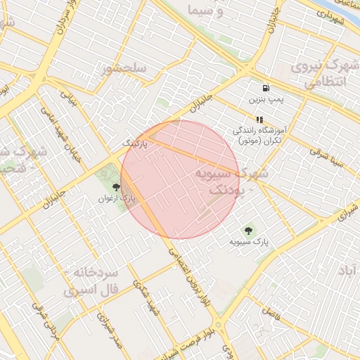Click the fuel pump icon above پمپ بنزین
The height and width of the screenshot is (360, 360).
[265, 89]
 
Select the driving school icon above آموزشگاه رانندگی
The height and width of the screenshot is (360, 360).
[259, 120]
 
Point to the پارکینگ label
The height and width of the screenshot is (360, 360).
[136, 143]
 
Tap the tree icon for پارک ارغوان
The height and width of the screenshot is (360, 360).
[116, 187]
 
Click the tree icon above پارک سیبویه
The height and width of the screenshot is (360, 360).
[247, 230]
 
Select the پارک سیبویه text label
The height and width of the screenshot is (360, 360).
[249, 242]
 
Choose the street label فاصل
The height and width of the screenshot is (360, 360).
[270, 310]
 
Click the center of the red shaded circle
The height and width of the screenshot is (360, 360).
[180, 179]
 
